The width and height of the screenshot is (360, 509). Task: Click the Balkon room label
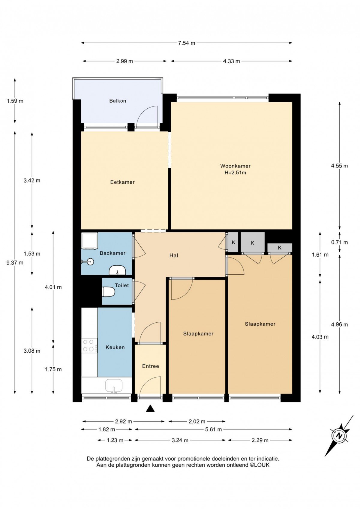click(x=117, y=101)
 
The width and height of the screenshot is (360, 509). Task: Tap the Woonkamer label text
click(x=235, y=166)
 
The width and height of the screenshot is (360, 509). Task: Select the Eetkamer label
click(x=122, y=182)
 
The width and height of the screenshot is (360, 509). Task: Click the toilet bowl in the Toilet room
click(x=108, y=292)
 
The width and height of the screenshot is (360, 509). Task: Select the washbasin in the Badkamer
click(x=117, y=270)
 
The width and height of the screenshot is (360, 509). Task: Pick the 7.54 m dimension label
click(x=187, y=43)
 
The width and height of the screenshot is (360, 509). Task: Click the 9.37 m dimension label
click(x=15, y=263)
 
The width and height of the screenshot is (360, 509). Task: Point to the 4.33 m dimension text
click(x=231, y=61)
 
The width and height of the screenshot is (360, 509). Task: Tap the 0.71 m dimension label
click(x=339, y=242)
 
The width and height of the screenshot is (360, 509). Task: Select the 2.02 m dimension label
click(x=197, y=421)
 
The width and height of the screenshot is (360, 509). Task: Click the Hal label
click(x=174, y=255)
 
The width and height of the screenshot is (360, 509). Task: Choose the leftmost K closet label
click(x=233, y=242)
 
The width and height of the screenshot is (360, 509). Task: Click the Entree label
click(x=150, y=366)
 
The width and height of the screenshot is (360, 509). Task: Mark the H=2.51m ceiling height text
click(x=235, y=173)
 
